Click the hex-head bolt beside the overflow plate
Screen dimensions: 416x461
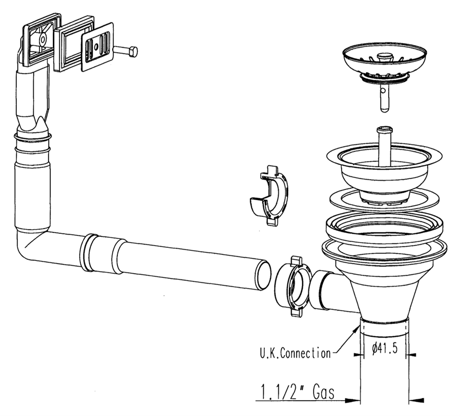[127, 51]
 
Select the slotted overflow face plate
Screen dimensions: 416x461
[97, 48]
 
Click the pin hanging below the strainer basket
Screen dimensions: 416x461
[384, 97]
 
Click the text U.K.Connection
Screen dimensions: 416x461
[292, 353]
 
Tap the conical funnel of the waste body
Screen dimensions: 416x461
[383, 292]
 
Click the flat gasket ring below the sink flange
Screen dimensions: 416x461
[383, 197]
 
